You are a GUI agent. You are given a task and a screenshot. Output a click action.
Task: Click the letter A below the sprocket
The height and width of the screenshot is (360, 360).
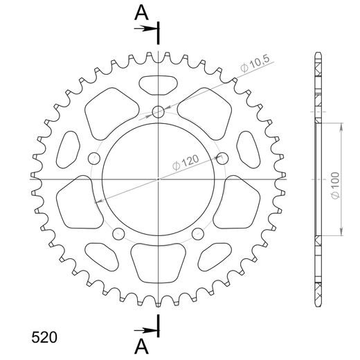pos(141,345)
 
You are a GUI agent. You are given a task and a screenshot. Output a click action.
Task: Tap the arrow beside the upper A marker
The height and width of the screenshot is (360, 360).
pos(147,28)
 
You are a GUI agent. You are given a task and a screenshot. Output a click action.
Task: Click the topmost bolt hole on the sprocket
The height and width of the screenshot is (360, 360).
pos(159,111)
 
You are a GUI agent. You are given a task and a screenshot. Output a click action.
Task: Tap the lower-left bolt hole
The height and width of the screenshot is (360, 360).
pos(118,233)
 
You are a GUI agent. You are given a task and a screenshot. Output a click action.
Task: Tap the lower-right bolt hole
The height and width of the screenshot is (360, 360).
pos(199,233)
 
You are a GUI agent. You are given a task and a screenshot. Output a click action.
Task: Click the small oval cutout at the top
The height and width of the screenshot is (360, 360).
pos(159,85)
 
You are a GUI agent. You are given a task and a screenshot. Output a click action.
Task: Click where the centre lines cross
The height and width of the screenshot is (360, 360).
pos(159,179)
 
